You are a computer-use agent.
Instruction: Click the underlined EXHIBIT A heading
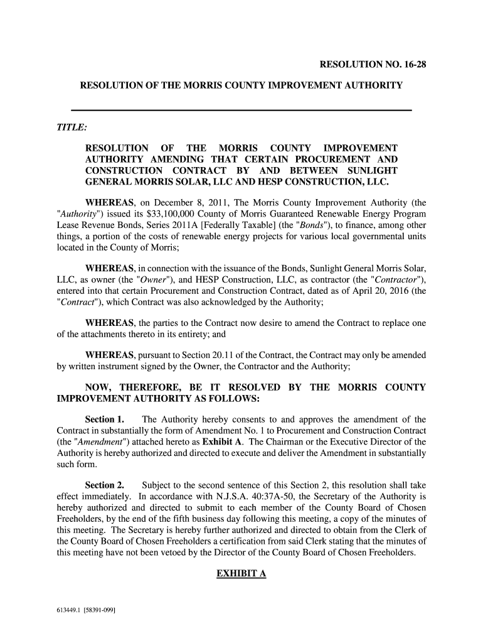pos(242,573)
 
